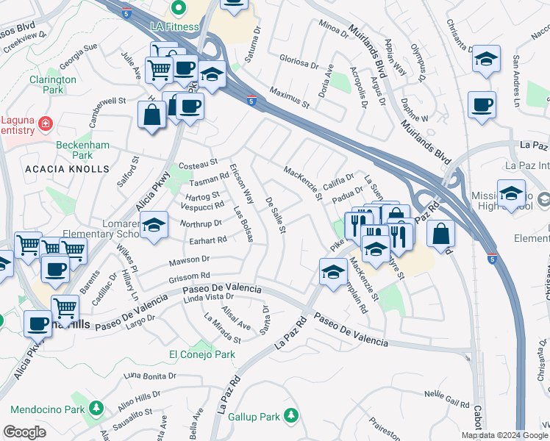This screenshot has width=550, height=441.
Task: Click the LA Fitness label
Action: pyautogui.click(x=176, y=27)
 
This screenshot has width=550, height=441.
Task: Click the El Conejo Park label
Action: pyautogui.click(x=202, y=354)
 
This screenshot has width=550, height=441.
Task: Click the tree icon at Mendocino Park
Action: pyautogui.click(x=96, y=407)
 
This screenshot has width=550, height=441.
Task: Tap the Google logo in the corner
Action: pyautogui.click(x=24, y=433)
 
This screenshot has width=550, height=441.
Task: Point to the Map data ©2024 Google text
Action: pyautogui.click(x=504, y=435)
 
